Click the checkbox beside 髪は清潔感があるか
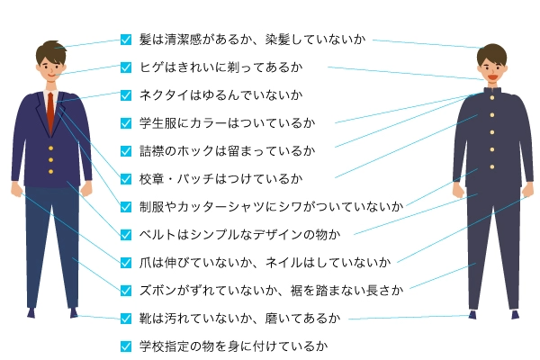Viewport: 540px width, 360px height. click(x=126, y=40)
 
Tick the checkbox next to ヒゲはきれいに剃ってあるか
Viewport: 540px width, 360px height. click(x=126, y=67)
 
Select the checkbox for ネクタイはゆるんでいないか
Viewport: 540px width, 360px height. click(x=126, y=94)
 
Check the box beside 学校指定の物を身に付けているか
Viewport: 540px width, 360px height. click(x=126, y=346)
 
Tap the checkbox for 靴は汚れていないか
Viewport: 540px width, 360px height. click(x=126, y=318)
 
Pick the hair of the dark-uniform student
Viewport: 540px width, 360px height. click(x=492, y=51)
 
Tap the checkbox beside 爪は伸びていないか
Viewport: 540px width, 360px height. click(x=126, y=262)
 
